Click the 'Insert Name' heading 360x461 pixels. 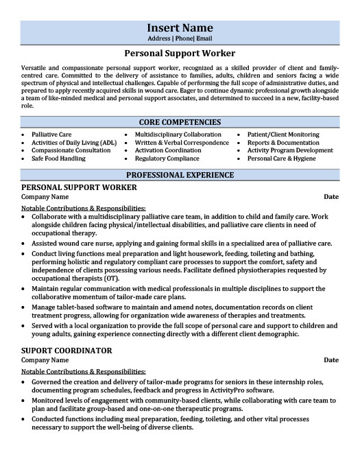pyautogui.click(x=180, y=28)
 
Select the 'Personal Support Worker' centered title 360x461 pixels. pyautogui.click(x=180, y=53)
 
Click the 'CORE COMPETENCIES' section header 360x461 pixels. pyautogui.click(x=180, y=121)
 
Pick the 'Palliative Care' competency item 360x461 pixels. pyautogui.click(x=51, y=134)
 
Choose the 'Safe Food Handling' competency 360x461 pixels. pyautogui.click(x=58, y=158)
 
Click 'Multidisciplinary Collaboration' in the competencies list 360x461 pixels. pyautogui.click(x=178, y=134)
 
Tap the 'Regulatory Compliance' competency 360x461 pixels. pyautogui.click(x=166, y=158)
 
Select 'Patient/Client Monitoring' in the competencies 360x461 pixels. pyautogui.click(x=283, y=134)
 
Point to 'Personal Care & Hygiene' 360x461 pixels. pyautogui.click(x=280, y=158)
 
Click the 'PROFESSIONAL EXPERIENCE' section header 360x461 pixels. pyautogui.click(x=180, y=175)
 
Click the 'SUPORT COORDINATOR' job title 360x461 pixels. pyautogui.click(x=67, y=350)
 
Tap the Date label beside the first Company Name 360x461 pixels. pyautogui.click(x=331, y=197)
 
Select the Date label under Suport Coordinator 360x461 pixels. pyautogui.click(x=331, y=359)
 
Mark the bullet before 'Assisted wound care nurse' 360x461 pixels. pyautogui.click(x=25, y=244)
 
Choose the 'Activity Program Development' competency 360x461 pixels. pyautogui.click(x=290, y=150)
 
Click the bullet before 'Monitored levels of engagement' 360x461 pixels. pyautogui.click(x=25, y=400)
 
